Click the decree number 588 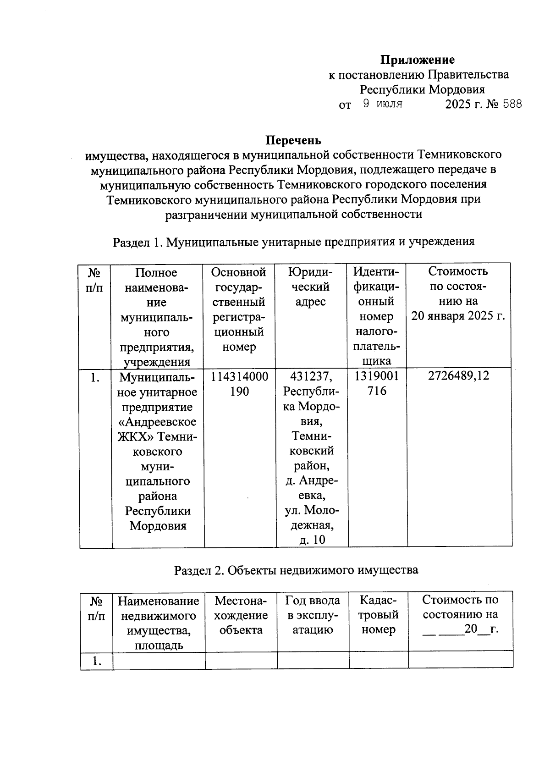pos(512,104)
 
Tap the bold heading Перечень pos(293,140)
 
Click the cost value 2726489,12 pos(458,376)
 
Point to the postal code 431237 pos(312,376)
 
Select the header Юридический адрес pos(311,287)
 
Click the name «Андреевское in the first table pos(158,422)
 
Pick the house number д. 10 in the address pos(312,540)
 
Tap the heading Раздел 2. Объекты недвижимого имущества pos(296,570)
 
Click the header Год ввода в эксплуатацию pos(313,615)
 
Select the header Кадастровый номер pos(378,615)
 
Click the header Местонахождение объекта pos(241,615)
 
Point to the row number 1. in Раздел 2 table pos(96,661)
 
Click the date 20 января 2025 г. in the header pos(458,316)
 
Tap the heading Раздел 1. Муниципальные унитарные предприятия pos(293,242)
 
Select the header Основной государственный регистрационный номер pos(238,309)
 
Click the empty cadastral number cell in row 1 pos(378,660)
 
